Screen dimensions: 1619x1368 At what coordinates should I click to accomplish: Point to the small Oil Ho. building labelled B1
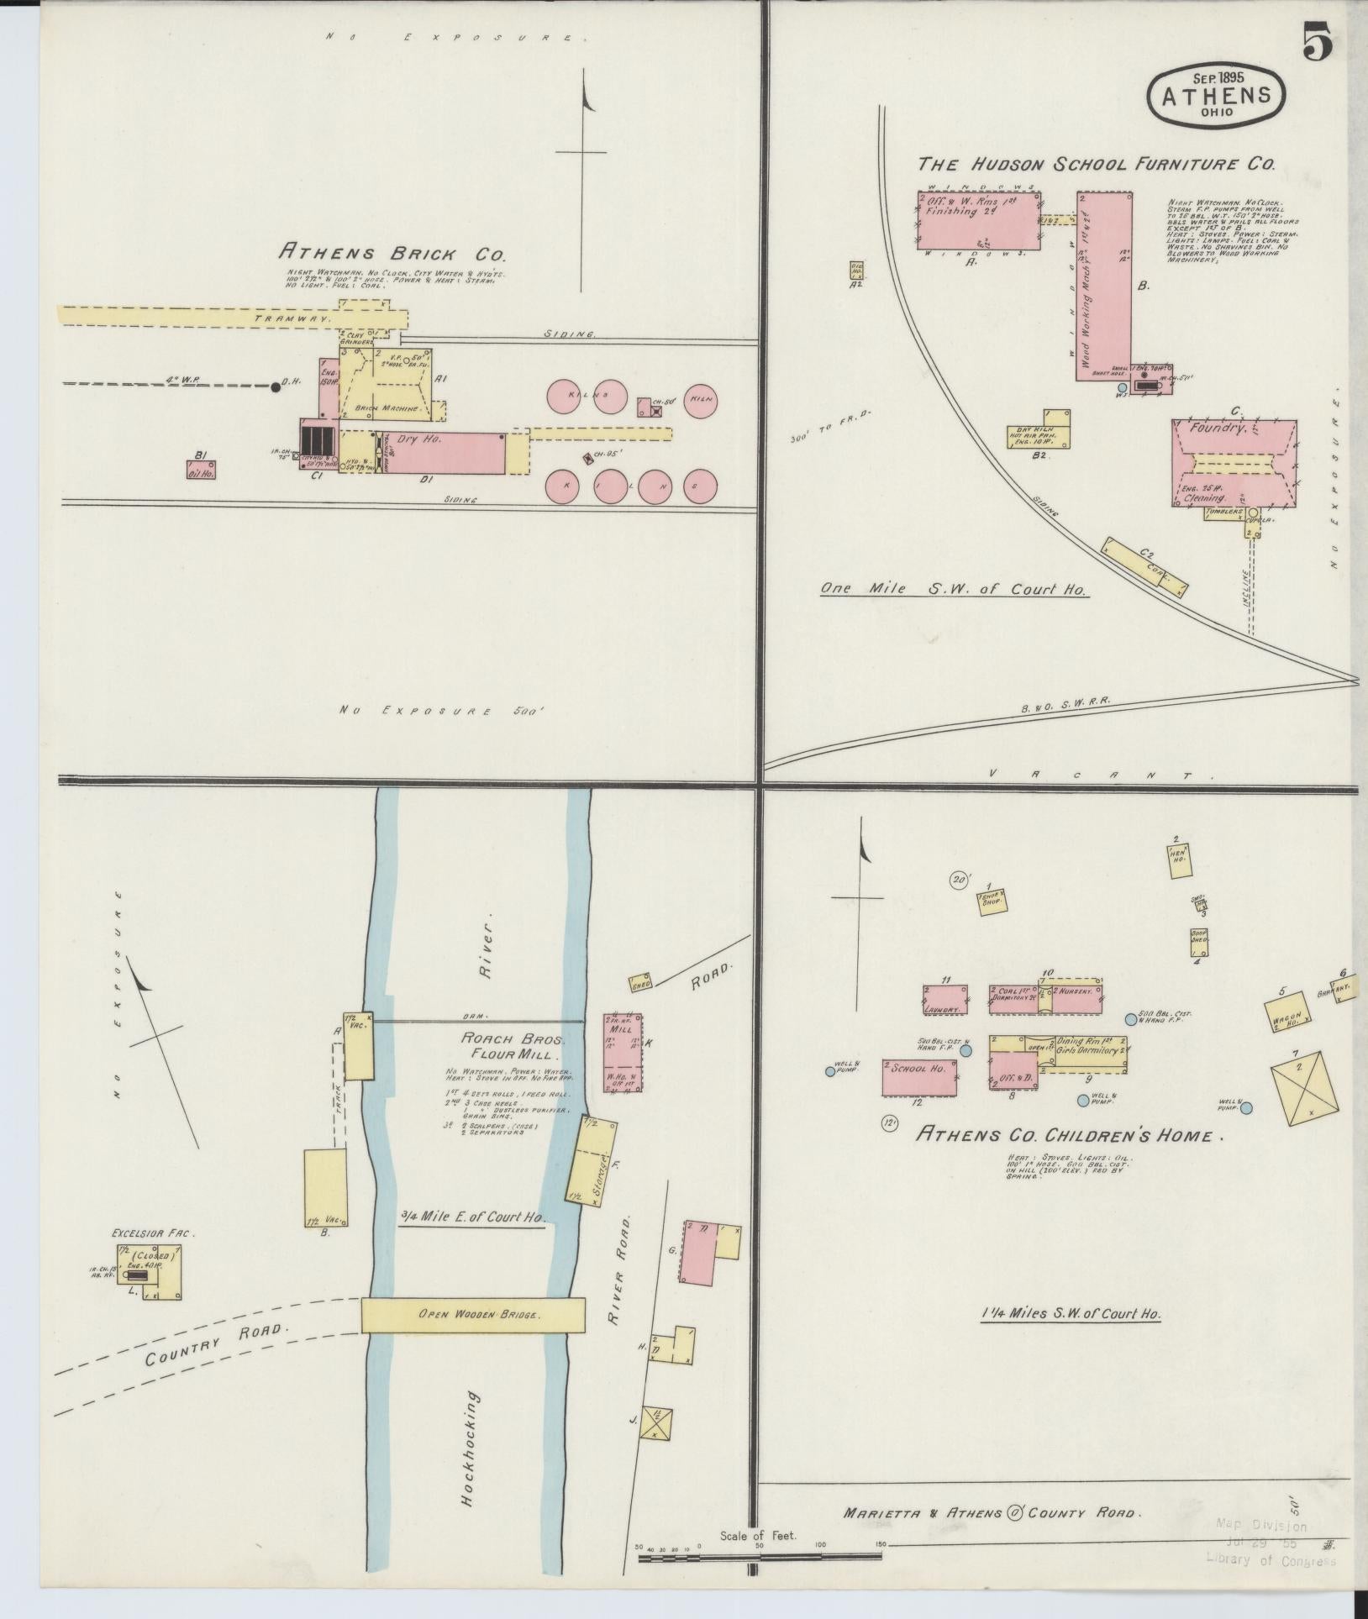coord(202,470)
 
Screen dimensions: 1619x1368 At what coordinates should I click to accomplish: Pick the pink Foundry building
coord(1234,464)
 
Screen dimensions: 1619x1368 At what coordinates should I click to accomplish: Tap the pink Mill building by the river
coord(622,1052)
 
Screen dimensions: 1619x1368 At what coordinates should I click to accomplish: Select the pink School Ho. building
coord(919,1077)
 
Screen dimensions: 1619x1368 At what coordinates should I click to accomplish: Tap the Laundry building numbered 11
coord(944,1000)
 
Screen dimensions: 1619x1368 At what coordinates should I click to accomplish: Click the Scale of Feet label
coord(759,1536)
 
